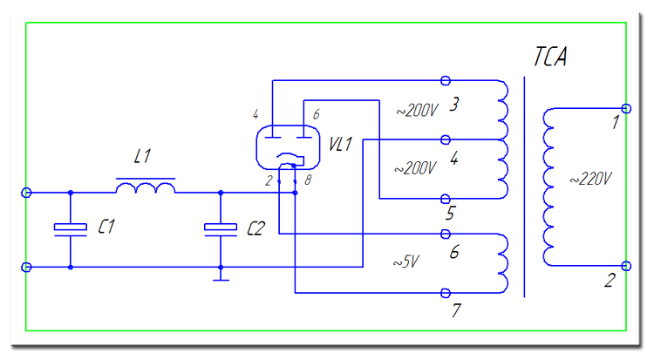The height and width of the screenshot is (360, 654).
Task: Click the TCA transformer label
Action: pyautogui.click(x=550, y=58)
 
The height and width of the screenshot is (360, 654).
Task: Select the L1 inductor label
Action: pyautogui.click(x=143, y=157)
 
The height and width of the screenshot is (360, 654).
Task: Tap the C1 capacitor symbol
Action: pyautogui.click(x=71, y=228)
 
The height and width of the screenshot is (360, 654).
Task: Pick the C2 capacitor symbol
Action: pyautogui.click(x=221, y=228)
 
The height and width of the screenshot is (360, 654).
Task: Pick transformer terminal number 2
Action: pyautogui.click(x=610, y=280)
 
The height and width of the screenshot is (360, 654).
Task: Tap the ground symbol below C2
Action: pyautogui.click(x=221, y=279)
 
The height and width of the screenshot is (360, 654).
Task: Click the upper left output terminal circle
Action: pyautogui.click(x=27, y=192)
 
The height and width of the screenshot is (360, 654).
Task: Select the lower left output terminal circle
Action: pyautogui.click(x=27, y=267)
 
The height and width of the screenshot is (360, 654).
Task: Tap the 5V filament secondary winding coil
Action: pyautogui.click(x=504, y=262)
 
